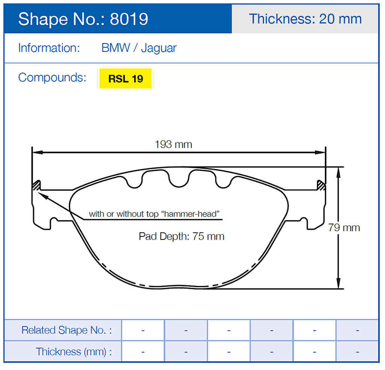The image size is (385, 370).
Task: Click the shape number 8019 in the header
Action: tap(129, 19)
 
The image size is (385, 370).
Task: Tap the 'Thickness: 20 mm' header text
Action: tap(305, 19)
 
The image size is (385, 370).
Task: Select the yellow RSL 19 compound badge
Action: tap(125, 79)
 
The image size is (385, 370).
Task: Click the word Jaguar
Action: tap(159, 48)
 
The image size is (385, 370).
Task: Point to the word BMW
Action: tap(116, 48)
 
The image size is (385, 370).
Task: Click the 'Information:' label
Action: tap(49, 48)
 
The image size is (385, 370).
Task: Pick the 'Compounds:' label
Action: tap(52, 77)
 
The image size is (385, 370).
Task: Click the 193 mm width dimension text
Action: tap(173, 144)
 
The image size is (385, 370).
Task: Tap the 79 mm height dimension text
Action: tap(344, 227)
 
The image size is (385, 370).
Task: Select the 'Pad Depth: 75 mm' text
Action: tap(182, 237)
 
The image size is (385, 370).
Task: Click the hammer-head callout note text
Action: tap(154, 214)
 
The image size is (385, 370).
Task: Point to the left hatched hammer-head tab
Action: tap(36, 185)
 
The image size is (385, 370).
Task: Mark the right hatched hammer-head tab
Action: tap(321, 185)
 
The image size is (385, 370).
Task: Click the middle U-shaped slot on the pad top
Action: tap(178, 179)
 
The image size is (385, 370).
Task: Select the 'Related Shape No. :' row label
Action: tap(67, 330)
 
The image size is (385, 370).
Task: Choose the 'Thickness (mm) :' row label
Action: tap(74, 352)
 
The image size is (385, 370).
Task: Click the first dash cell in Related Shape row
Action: tap(143, 330)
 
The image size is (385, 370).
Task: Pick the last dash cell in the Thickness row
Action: tap(357, 352)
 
